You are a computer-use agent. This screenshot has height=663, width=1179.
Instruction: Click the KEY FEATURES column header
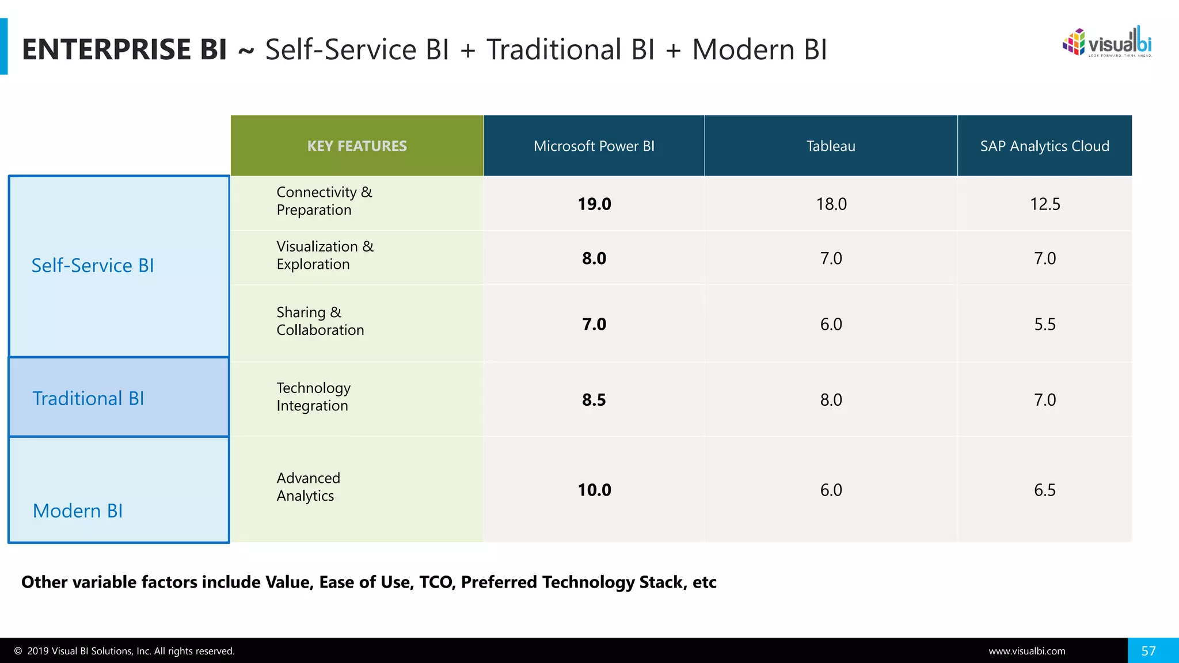(x=357, y=146)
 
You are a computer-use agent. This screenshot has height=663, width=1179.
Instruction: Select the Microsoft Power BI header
(x=594, y=146)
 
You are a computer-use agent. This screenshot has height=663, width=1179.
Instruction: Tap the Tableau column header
(x=831, y=146)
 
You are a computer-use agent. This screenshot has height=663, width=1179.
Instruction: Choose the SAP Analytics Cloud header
(x=1044, y=146)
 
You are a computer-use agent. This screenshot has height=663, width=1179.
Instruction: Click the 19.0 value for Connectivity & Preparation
(x=594, y=204)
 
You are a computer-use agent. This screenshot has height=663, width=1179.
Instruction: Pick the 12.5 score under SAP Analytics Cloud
(x=1044, y=204)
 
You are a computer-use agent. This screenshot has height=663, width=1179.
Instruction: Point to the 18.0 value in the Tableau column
(x=831, y=204)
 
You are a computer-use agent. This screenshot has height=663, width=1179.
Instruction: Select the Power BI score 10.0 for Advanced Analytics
(x=594, y=490)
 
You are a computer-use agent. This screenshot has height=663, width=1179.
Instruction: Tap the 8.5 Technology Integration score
(x=594, y=399)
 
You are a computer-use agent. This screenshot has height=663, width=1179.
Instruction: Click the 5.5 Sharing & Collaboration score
(x=1044, y=324)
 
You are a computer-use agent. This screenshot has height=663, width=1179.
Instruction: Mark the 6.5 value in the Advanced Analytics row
(x=1044, y=490)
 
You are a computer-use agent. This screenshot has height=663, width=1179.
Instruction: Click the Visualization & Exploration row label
(x=325, y=255)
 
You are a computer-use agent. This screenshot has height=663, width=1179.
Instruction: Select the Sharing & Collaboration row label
(x=320, y=321)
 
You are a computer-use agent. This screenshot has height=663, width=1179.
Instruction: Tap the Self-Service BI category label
(x=93, y=265)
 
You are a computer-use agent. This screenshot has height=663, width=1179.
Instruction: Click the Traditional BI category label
(x=88, y=398)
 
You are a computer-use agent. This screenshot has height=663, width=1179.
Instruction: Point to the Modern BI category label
(x=78, y=510)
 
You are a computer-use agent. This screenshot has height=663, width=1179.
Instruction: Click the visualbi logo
(x=1106, y=43)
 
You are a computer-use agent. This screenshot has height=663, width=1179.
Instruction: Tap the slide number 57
(x=1148, y=651)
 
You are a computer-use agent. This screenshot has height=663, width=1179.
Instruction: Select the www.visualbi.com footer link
(x=1026, y=651)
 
